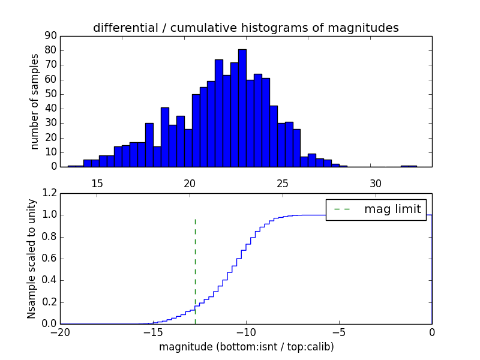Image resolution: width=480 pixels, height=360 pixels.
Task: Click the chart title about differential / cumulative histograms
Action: (x=245, y=28)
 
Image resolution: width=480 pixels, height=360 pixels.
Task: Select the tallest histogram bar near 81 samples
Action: (x=242, y=108)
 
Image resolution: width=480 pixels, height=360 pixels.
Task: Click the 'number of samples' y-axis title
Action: (x=35, y=101)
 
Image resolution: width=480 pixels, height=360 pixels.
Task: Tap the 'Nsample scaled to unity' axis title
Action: (x=32, y=259)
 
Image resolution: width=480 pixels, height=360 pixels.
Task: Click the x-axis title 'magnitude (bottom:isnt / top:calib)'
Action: (x=246, y=347)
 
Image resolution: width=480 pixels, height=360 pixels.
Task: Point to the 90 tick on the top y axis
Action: (x=50, y=36)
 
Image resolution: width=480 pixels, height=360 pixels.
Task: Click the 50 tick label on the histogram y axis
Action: (x=50, y=94)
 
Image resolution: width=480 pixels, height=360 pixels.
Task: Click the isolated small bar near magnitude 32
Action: (x=409, y=166)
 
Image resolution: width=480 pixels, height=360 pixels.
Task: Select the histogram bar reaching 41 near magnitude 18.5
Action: (x=165, y=137)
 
